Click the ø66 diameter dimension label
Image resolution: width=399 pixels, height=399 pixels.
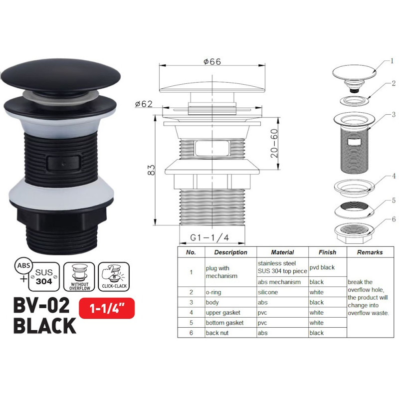point(212,62)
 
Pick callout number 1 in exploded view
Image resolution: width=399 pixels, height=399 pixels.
point(393,61)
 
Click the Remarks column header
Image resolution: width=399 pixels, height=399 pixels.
point(370,252)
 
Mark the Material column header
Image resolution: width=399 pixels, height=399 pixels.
point(282,252)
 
